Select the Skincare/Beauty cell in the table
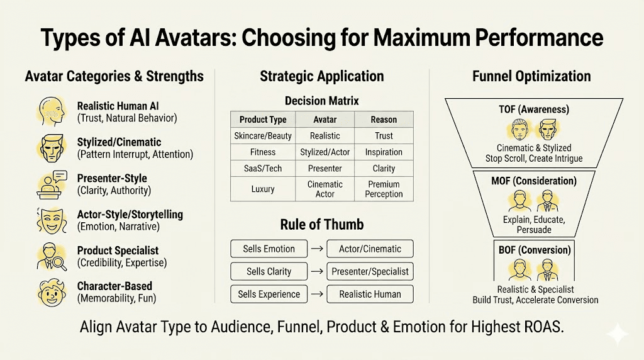click(263, 135)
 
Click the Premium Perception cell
click(384, 189)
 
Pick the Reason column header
click(384, 119)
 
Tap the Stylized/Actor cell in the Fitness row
click(325, 152)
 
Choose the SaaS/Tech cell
click(263, 169)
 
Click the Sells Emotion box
click(269, 249)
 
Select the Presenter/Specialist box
click(370, 271)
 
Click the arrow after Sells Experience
click(317, 294)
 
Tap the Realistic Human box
click(370, 294)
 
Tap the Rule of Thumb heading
click(322, 224)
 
